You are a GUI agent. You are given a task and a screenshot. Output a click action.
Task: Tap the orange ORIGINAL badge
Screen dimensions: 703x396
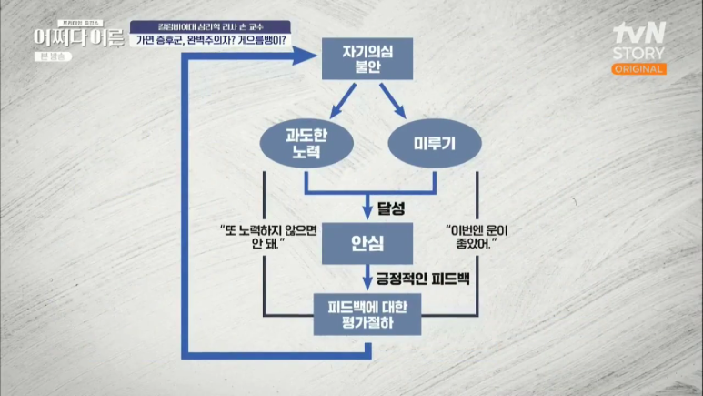pyautogui.click(x=638, y=69)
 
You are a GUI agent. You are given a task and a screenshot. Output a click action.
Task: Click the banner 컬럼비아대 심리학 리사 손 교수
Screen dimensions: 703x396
pyautogui.click(x=213, y=25)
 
